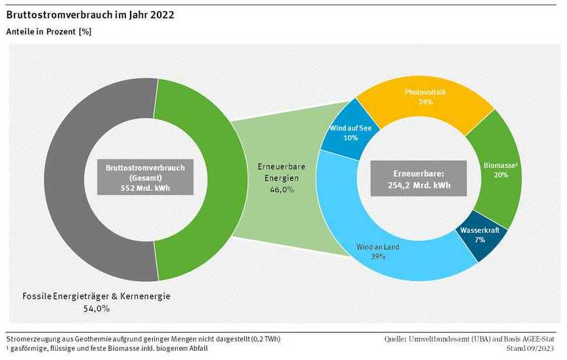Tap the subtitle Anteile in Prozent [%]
click(49, 31)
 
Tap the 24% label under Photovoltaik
click(425, 102)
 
